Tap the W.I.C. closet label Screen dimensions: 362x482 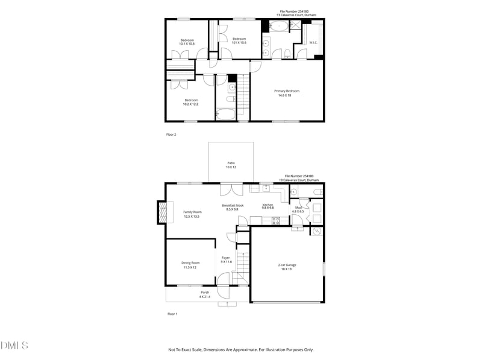click(313, 42)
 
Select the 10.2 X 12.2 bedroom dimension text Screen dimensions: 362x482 click(190, 104)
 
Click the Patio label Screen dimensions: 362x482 click(231, 163)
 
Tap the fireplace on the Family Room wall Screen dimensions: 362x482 click(161, 212)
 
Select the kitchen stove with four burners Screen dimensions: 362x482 click(276, 220)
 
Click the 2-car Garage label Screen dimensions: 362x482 click(286, 265)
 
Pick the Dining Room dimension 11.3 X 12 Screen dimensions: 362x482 click(190, 267)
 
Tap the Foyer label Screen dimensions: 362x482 click(225, 258)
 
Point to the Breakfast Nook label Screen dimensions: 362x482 click(233, 205)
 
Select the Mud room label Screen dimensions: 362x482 click(298, 208)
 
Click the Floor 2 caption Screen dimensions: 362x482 click(171, 135)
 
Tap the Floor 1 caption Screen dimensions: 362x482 click(172, 314)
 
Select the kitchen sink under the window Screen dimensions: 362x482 click(267, 188)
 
